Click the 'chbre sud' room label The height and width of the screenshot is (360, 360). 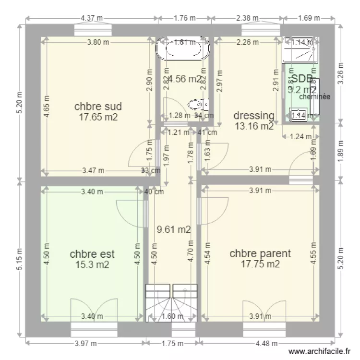[97, 106]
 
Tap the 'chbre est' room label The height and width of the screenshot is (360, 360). [92, 253]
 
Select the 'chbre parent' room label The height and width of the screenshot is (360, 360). [260, 253]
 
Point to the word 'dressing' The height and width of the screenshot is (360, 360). [254, 116]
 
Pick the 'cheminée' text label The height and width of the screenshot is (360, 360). [315, 96]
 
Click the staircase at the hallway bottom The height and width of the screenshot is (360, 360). [171, 302]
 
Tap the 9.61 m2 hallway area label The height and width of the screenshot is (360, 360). [174, 230]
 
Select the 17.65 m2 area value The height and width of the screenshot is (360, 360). [98, 117]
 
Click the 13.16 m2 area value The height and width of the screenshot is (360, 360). [254, 126]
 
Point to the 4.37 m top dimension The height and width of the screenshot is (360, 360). [92, 18]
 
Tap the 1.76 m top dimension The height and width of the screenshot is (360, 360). [184, 18]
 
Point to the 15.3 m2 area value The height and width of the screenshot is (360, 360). [92, 264]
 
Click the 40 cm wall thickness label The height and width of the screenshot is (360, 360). [155, 192]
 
